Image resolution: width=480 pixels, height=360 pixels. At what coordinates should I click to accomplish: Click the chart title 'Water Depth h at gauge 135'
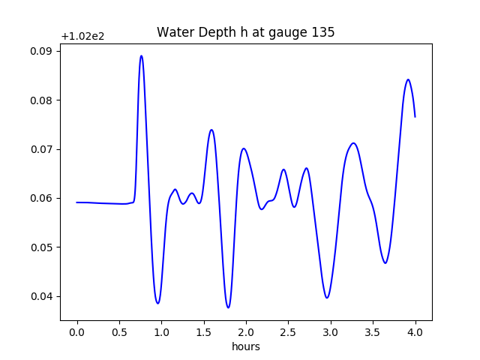coord(245,33)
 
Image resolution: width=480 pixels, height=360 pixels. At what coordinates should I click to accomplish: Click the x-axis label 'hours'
coord(245,346)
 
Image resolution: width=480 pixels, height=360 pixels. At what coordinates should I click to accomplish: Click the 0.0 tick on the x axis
coord(76,331)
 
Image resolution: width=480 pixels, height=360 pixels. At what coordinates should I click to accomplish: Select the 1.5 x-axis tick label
coord(203,331)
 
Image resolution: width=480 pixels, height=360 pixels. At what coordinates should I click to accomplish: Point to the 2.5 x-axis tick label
coord(288,331)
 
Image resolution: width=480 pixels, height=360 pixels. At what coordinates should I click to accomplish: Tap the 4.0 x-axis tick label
coord(415,331)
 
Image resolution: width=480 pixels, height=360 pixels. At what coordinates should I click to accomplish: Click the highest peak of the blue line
coord(141,56)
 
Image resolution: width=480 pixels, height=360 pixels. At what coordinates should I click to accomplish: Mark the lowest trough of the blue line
coord(228,307)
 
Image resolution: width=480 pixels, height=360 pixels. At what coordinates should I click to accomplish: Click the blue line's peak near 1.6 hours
coord(211,130)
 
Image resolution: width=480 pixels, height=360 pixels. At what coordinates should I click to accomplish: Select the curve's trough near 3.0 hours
coord(327,298)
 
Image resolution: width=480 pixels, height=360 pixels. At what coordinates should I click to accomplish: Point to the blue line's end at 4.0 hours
coord(415,116)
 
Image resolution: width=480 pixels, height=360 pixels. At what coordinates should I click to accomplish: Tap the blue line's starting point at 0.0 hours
coord(76,202)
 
